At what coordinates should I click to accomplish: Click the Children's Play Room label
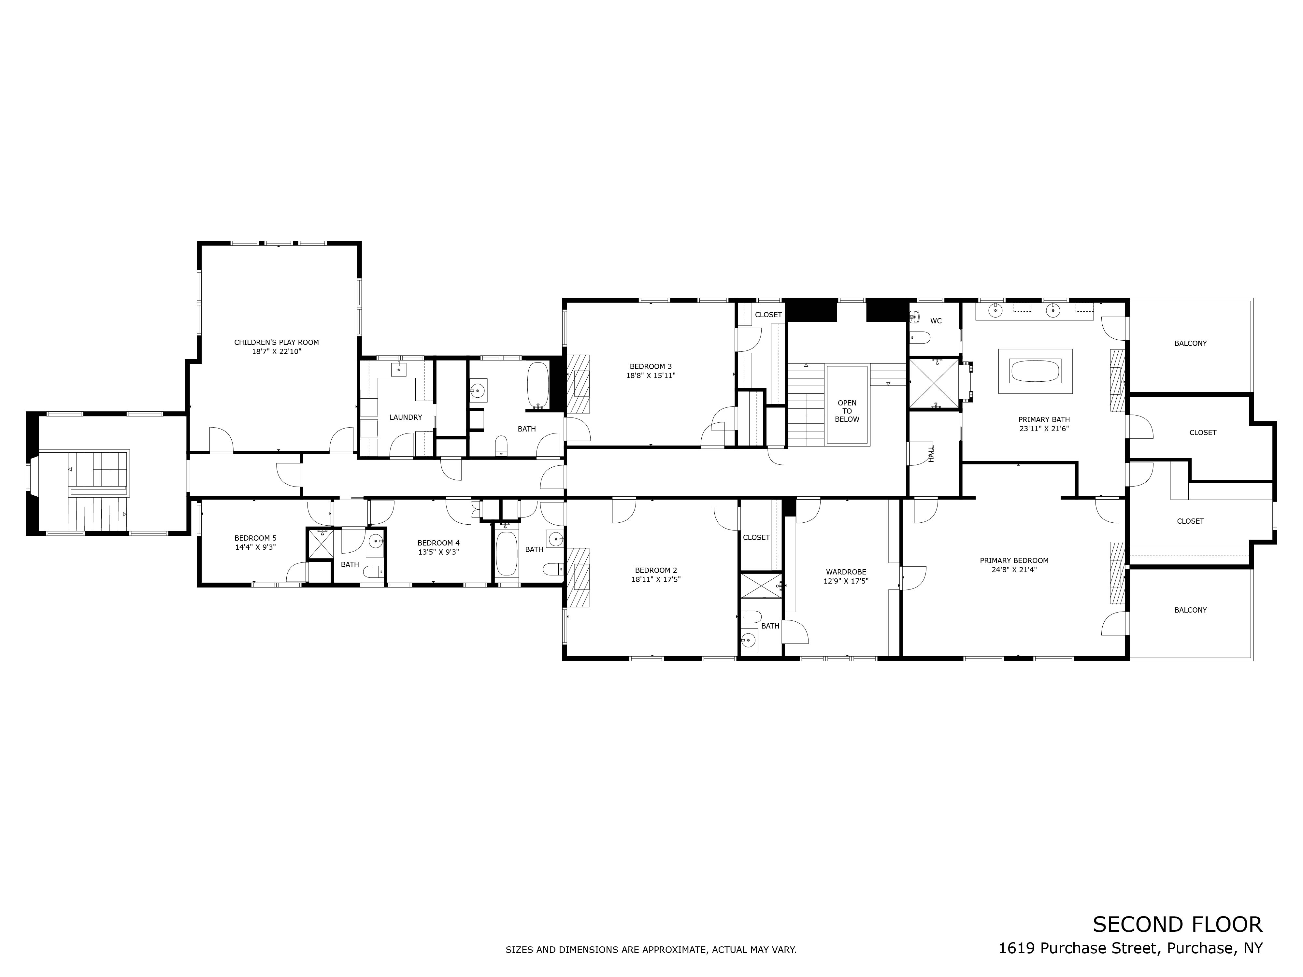pyautogui.click(x=276, y=342)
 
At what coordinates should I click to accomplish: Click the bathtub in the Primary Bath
pyautogui.click(x=1035, y=371)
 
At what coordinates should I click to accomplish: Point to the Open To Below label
pyautogui.click(x=847, y=411)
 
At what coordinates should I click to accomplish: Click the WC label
pyautogui.click(x=936, y=321)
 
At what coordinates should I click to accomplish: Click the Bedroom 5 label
pyautogui.click(x=255, y=538)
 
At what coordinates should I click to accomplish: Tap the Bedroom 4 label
pyautogui.click(x=438, y=543)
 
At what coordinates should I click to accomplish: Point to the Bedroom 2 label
pyautogui.click(x=656, y=570)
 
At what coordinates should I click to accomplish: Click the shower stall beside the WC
pyautogui.click(x=934, y=383)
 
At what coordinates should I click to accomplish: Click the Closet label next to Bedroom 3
pyautogui.click(x=768, y=315)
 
